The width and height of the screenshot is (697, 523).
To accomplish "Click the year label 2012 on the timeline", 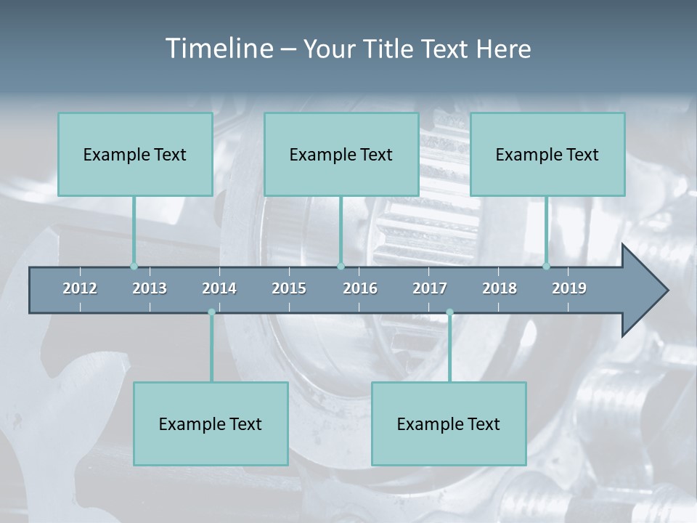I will pyautogui.click(x=80, y=288).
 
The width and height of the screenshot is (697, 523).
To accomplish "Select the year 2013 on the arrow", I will pyautogui.click(x=150, y=288).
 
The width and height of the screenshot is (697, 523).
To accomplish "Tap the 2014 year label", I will pyautogui.click(x=219, y=288).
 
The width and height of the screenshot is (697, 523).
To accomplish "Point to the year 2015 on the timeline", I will pyautogui.click(x=289, y=288).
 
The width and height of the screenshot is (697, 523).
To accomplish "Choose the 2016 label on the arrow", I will pyautogui.click(x=360, y=288).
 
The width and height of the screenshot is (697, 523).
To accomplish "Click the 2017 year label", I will pyautogui.click(x=430, y=288).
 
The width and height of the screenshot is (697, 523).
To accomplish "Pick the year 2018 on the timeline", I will pyautogui.click(x=500, y=288).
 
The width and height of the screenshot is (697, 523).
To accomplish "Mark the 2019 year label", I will pyautogui.click(x=569, y=288).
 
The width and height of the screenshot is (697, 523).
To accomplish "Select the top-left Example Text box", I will pyautogui.click(x=135, y=154).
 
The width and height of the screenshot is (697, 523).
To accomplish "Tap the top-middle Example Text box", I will pyautogui.click(x=341, y=154).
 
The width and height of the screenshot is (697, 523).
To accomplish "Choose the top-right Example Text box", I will pyautogui.click(x=547, y=154).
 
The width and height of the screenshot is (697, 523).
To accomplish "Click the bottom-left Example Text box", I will pyautogui.click(x=211, y=423).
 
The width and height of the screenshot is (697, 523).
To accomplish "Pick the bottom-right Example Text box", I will pyautogui.click(x=449, y=423).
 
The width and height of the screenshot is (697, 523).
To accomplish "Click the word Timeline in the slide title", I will pyautogui.click(x=219, y=49).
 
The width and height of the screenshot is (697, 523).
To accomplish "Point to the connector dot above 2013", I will pyautogui.click(x=134, y=267).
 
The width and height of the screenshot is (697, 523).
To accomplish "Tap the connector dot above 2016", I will pyautogui.click(x=341, y=267).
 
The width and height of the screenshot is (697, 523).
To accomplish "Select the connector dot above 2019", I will pyautogui.click(x=547, y=267).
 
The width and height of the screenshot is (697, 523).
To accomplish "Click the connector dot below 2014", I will pyautogui.click(x=211, y=312).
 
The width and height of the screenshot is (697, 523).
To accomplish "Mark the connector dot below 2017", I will pyautogui.click(x=449, y=312).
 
